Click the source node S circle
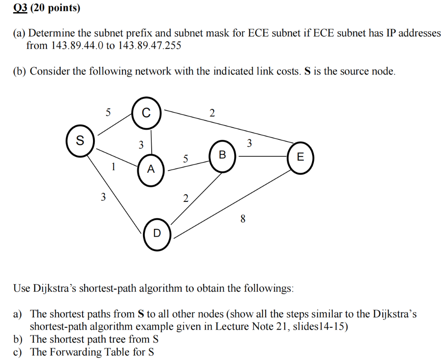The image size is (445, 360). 80,141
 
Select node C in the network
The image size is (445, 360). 146,114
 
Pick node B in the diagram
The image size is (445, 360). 222,155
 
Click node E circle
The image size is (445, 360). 300,157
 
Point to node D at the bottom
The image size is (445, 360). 157,234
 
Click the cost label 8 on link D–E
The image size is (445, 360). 242,219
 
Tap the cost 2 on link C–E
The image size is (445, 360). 212,114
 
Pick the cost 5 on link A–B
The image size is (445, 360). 186,159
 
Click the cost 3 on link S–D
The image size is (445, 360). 103,198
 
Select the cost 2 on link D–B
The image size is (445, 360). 186,199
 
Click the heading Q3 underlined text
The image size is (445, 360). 20,9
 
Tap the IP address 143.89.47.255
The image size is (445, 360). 149,45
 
